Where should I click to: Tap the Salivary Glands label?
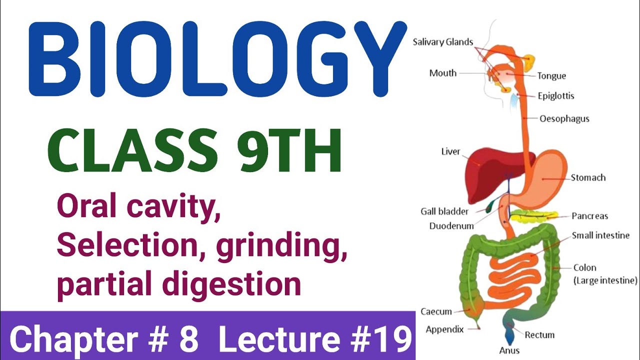(442, 42)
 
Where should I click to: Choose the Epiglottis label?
(556, 95)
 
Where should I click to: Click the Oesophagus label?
(564, 119)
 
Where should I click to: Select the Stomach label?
(588, 177)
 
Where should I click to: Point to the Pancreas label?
(590, 216)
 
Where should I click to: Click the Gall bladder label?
(444, 211)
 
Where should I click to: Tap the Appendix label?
(444, 329)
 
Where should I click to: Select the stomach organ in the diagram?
(545, 180)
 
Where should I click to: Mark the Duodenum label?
(451, 226)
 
